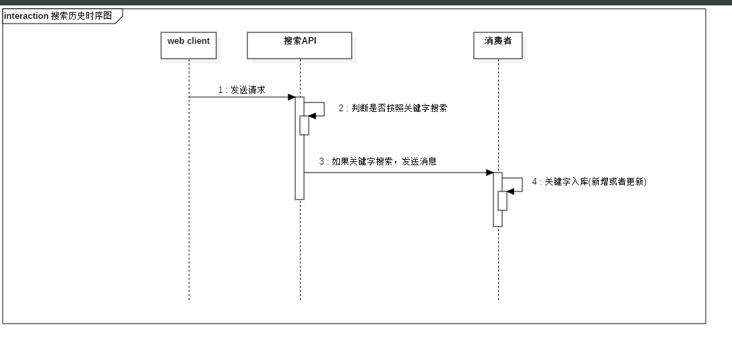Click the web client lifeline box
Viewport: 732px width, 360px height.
(189, 45)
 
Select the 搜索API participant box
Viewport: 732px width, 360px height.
(300, 45)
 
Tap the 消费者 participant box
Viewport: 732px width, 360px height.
(497, 45)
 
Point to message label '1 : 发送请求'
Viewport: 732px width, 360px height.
(241, 90)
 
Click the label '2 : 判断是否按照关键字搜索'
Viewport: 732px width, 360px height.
(393, 108)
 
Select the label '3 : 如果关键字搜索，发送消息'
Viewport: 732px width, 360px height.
(378, 162)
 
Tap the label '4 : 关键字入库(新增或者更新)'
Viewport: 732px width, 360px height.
(589, 181)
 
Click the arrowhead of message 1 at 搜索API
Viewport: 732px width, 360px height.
(292, 97)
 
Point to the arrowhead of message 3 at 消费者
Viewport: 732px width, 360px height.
(490, 173)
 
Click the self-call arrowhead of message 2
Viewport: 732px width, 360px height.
(312, 116)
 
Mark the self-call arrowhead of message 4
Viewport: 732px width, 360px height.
(510, 191)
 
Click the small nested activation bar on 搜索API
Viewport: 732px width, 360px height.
(305, 126)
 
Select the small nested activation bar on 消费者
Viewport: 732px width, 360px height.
(503, 202)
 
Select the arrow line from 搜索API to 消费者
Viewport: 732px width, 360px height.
(398, 173)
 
